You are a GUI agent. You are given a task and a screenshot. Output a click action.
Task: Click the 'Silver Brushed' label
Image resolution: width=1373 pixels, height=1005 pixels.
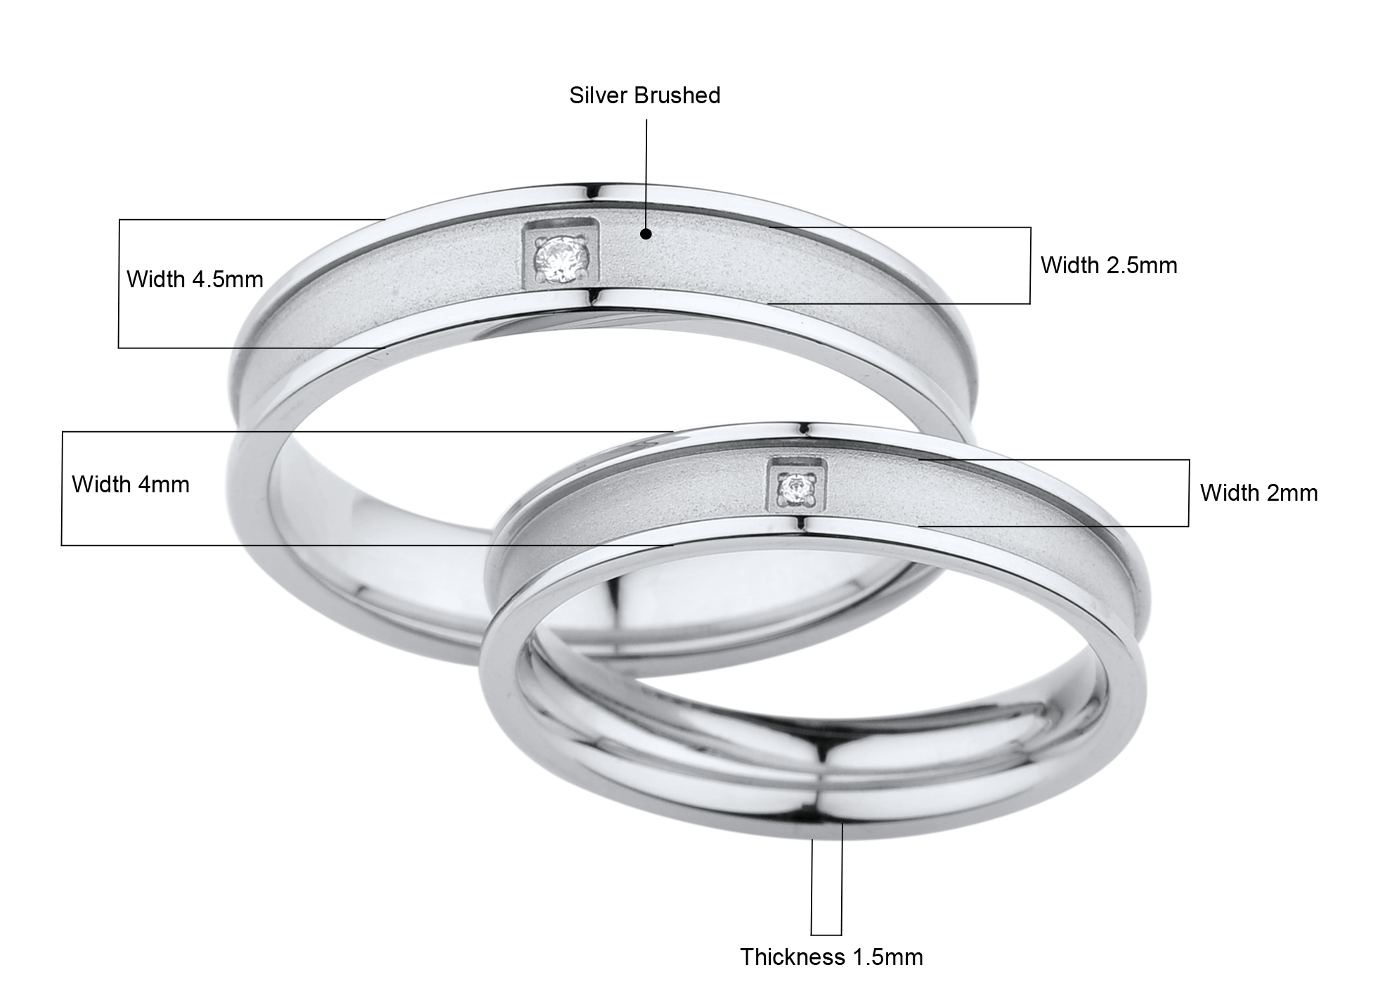tap(644, 96)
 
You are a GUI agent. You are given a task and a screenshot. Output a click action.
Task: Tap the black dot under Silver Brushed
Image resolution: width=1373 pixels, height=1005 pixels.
tap(646, 234)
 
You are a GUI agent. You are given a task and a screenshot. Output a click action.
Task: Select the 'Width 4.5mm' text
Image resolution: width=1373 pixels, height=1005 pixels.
tap(195, 280)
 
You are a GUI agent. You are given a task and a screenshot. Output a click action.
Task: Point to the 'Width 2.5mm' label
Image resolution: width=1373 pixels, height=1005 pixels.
tap(1109, 265)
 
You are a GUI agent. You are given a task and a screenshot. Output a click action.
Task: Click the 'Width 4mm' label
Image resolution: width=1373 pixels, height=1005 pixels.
tap(131, 485)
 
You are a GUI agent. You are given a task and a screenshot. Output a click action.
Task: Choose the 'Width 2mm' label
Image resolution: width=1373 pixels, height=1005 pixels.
tap(1258, 493)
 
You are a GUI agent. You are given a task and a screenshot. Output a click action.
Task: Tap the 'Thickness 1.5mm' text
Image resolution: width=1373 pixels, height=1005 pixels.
tap(831, 957)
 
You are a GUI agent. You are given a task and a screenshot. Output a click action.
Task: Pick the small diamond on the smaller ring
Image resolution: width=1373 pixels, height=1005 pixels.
tap(797, 489)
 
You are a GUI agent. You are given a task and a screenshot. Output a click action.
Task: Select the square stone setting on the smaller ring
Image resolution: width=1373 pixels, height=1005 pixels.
tap(797, 488)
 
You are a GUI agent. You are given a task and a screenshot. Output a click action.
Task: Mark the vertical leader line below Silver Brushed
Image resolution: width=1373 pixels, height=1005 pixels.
tap(646, 174)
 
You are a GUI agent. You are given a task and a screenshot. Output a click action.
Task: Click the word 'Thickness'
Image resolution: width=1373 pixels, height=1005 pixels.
tap(792, 957)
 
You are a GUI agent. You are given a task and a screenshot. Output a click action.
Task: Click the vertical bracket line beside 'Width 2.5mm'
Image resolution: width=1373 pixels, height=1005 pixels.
tap(1030, 265)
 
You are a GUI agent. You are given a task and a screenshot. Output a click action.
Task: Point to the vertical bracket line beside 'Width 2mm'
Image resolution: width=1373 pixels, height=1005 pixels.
tap(1189, 493)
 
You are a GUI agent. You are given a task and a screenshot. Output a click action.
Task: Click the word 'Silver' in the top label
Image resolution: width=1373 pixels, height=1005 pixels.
tap(597, 96)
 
